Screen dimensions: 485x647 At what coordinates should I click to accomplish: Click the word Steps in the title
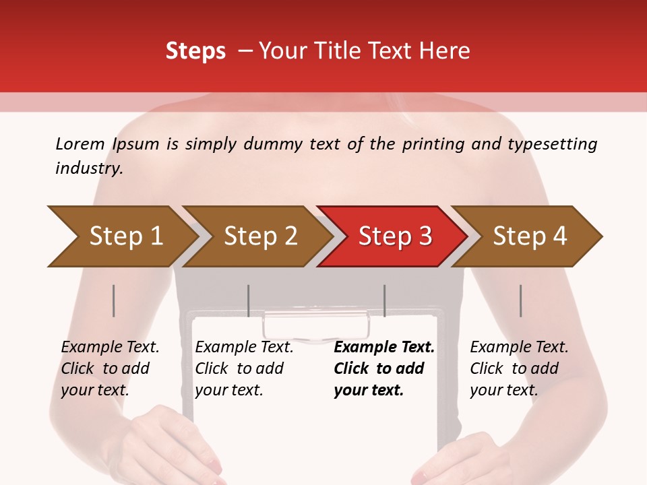coord(195,51)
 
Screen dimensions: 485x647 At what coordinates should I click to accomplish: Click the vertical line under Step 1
coord(114,300)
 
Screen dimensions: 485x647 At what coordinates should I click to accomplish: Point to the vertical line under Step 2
coord(249,300)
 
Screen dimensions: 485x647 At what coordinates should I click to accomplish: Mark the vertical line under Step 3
coord(385,300)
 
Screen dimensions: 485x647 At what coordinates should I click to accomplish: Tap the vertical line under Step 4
coord(521,300)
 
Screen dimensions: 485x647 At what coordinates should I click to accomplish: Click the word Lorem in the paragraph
coord(80,144)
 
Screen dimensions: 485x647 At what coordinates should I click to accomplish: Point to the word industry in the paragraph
coord(88,168)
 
